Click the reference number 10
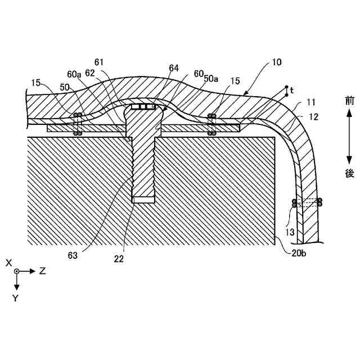[x=277, y=63]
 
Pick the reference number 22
[x=119, y=259]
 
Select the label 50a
[x=210, y=79]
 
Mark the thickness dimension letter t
[x=292, y=89]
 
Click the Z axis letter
[x=42, y=271]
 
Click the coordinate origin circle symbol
[x=17, y=271]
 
